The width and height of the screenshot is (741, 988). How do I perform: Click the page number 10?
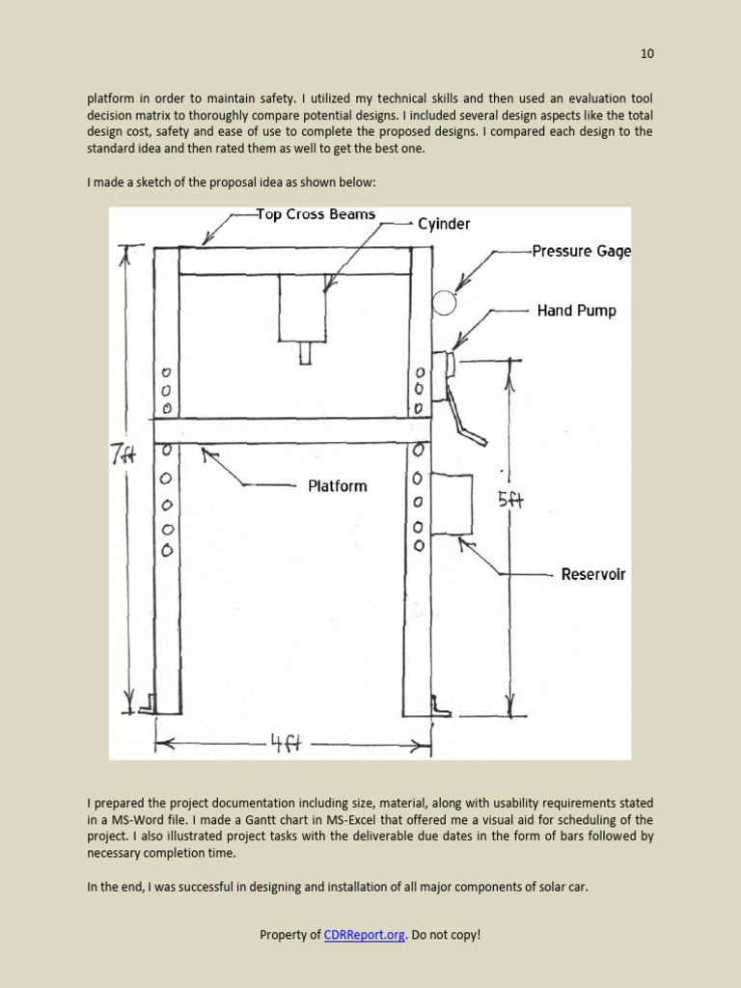point(647,54)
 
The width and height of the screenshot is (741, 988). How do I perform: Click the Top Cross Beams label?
point(316,214)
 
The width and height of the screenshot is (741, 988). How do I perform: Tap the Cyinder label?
point(444,224)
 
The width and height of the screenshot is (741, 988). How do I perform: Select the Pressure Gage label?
point(581,251)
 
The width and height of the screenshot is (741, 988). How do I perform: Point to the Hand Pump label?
point(576,311)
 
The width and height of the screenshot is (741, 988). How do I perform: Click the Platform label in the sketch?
point(338,486)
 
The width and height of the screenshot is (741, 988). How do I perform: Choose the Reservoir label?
point(593,574)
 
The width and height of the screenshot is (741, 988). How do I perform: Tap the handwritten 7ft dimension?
point(123,454)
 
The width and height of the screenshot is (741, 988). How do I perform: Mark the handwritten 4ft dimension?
point(285,744)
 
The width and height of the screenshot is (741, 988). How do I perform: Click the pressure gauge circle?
point(444,303)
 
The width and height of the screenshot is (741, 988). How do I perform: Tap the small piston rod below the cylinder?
point(305,353)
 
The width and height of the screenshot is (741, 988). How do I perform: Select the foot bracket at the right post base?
point(440,706)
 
